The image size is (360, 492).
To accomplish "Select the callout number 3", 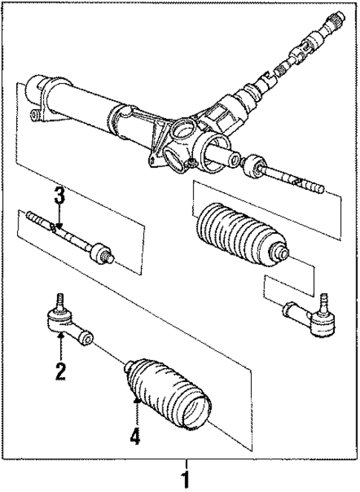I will click(x=59, y=197).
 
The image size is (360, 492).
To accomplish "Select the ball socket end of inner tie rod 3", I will click(x=99, y=254).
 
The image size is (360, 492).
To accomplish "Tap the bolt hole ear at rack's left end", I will click(x=36, y=114).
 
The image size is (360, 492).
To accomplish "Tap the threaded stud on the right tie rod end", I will click(x=324, y=300).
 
